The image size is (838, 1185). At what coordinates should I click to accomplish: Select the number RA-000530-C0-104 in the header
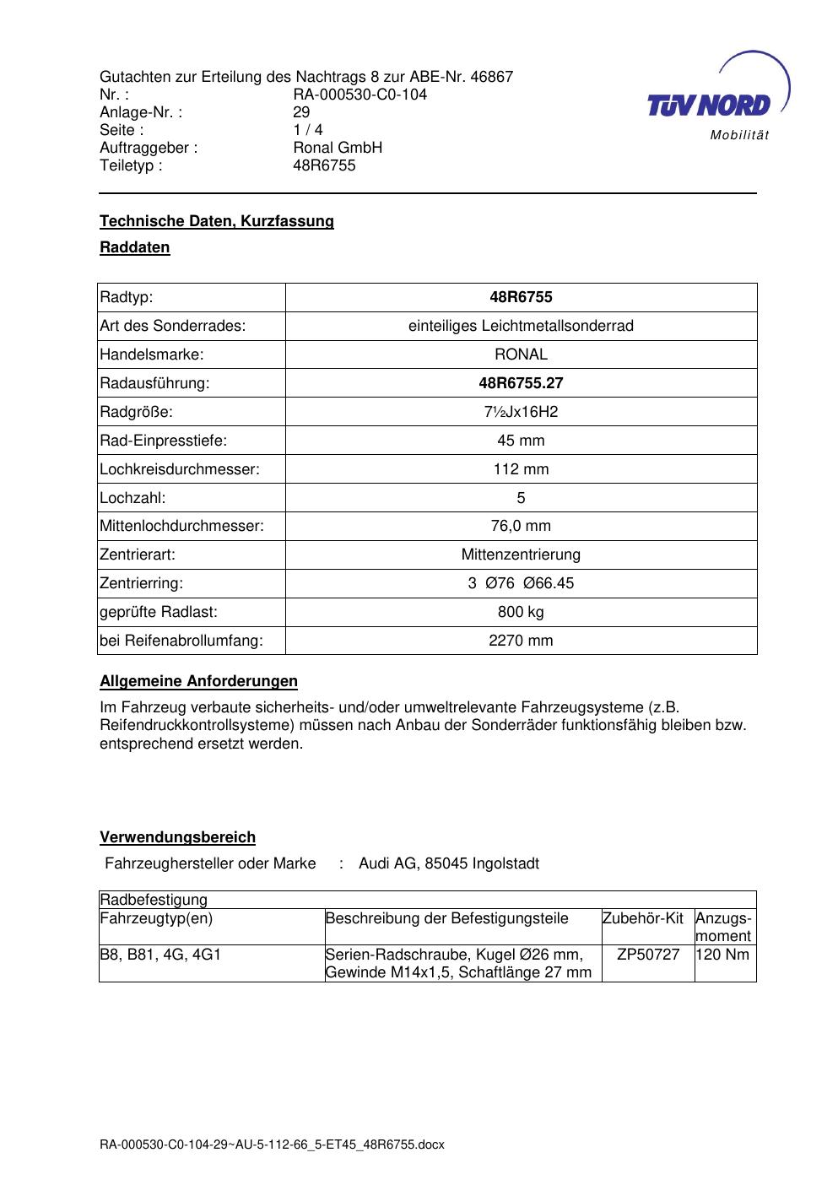pos(360,95)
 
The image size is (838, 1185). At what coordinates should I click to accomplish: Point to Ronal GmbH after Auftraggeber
pos(338,148)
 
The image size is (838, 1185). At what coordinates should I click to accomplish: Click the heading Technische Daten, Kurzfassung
pos(217,221)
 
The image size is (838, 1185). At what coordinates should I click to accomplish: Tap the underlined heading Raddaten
pos(135,247)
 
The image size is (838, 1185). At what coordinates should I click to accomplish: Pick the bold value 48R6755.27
pos(521,383)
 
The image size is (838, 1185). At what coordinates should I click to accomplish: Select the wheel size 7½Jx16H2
pos(521,412)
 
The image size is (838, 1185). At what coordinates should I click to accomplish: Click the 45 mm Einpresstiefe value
pos(521,441)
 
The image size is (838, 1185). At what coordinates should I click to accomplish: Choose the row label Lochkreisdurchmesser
pos(180,469)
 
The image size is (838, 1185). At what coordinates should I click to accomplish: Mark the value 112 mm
pos(521,469)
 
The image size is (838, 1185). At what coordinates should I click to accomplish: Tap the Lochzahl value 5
pos(521,498)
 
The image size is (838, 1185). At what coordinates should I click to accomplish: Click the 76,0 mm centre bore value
pos(521,526)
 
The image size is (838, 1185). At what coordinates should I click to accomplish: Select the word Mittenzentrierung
pos(521,555)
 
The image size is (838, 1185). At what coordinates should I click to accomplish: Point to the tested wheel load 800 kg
pos(521,612)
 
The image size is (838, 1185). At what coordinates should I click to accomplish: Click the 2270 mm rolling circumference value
pos(521,641)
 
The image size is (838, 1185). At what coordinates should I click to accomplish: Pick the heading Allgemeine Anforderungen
pos(198,681)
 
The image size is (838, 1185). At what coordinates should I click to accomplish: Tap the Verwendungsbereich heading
pos(177,837)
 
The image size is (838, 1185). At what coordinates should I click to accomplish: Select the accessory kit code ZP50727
pos(648,955)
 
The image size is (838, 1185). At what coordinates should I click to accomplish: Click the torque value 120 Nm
pos(722,955)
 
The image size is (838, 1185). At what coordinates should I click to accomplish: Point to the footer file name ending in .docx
pos(272,1145)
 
